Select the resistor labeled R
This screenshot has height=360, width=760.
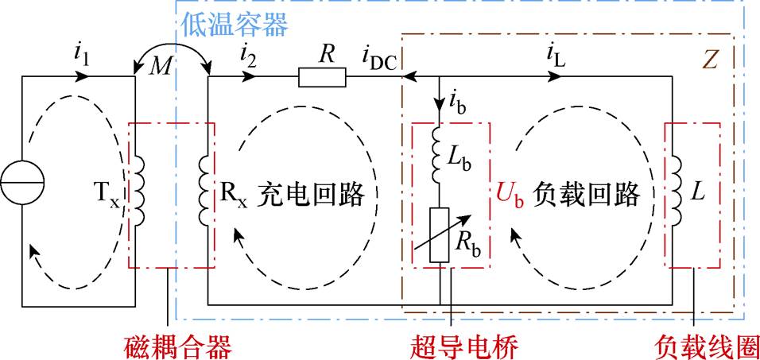[322, 77]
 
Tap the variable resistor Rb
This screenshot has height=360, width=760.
[440, 235]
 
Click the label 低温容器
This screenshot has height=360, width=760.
[234, 24]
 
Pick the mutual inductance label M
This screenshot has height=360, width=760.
[161, 68]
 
